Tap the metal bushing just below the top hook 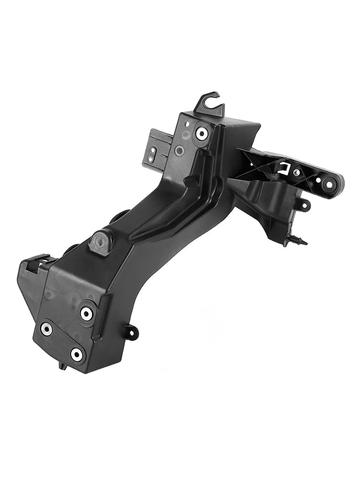tap(202, 132)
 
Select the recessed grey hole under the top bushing tap(180, 151)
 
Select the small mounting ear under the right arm tap(304, 206)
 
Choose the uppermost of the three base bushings tap(86, 313)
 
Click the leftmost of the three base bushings tap(47, 329)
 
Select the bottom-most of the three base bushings tap(76, 355)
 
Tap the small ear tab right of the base tap(131, 332)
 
